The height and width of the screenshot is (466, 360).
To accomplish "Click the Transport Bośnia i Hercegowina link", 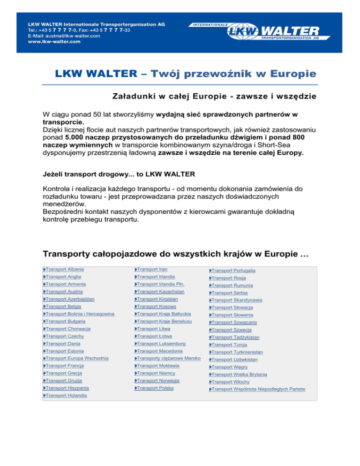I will pyautogui.click(x=78, y=314).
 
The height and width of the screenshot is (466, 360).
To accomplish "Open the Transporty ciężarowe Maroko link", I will pyautogui.click(x=169, y=359).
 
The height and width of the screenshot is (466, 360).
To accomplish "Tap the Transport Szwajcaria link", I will pyautogui.click(x=235, y=323).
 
